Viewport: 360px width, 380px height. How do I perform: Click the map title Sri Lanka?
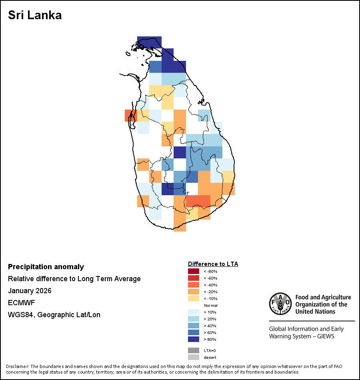35,16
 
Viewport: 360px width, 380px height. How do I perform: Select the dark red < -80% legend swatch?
194,271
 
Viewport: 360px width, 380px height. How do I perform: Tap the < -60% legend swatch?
194,278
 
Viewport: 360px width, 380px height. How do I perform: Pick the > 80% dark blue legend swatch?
194,339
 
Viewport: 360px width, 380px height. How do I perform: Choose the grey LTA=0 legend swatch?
194,350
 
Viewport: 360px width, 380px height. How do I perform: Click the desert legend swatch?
194,357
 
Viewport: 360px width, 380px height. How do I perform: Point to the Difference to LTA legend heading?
213,264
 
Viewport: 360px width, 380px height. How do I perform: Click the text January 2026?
30,291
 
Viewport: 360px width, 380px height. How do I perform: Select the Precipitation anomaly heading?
46,267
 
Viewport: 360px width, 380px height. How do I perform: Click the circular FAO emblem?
280,304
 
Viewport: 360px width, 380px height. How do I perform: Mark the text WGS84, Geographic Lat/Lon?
54,315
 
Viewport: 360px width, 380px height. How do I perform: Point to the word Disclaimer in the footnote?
17,366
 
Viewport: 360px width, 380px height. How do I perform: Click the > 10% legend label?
210,312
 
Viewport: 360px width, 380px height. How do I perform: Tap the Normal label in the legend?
210,305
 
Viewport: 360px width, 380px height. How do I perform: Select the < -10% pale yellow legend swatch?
194,298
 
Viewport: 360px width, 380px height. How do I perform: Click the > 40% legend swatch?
194,326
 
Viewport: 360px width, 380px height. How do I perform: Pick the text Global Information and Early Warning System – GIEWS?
306,333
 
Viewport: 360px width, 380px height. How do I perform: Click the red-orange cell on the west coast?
130,116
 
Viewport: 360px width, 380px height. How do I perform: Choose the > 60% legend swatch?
194,332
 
